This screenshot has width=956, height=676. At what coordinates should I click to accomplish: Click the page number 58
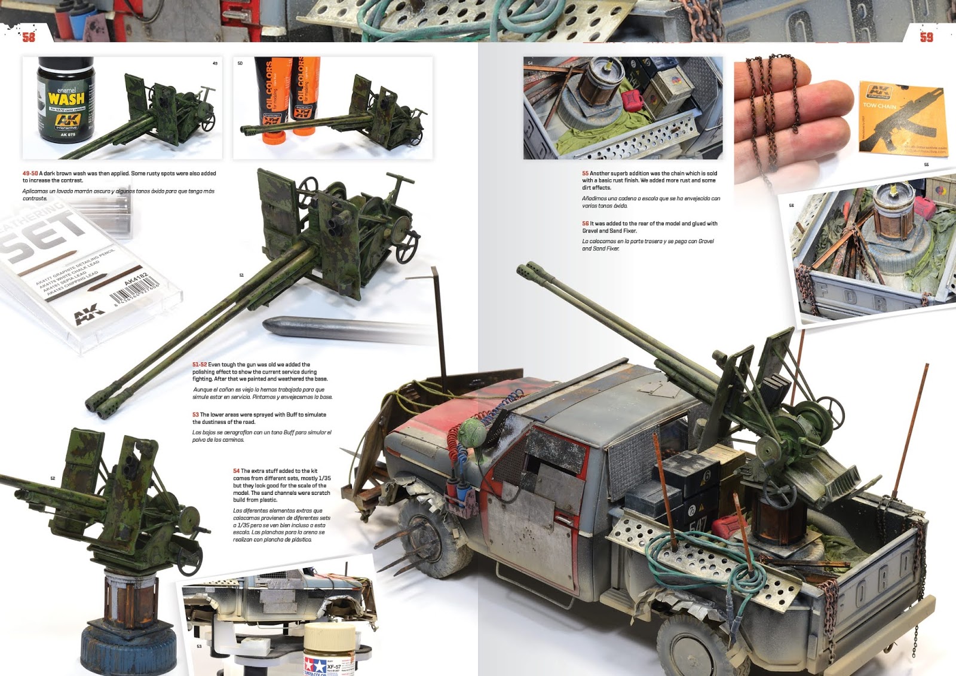click(29, 37)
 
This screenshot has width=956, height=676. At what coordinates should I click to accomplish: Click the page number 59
click(926, 37)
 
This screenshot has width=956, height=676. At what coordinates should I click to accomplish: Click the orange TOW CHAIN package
click(902, 117)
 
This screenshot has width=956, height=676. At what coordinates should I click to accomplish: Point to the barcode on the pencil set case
click(135, 291)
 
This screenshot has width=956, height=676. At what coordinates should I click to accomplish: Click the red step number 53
click(195, 415)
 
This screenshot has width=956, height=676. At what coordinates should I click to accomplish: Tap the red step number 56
click(586, 224)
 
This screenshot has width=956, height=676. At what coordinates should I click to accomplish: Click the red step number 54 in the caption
click(237, 471)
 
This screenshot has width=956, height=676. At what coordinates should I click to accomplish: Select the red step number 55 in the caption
click(586, 173)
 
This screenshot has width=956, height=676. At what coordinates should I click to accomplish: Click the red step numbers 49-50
click(30, 173)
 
